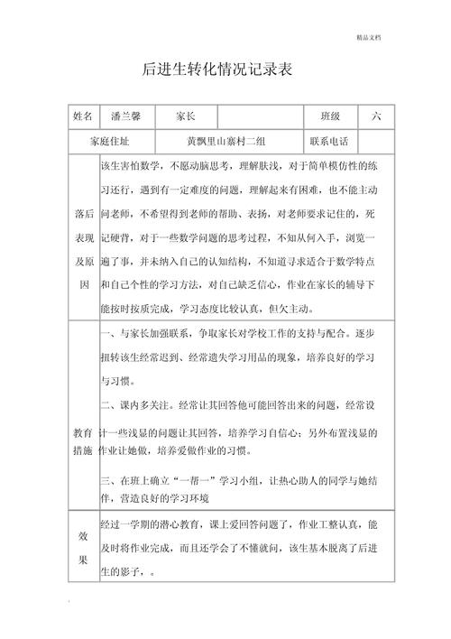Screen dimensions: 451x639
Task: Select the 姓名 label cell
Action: (83, 117)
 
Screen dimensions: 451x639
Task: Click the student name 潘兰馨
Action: (123, 117)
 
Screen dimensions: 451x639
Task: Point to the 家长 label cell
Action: (186, 117)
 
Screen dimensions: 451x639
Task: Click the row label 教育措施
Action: (84, 441)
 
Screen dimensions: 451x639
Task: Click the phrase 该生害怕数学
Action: (130, 166)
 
